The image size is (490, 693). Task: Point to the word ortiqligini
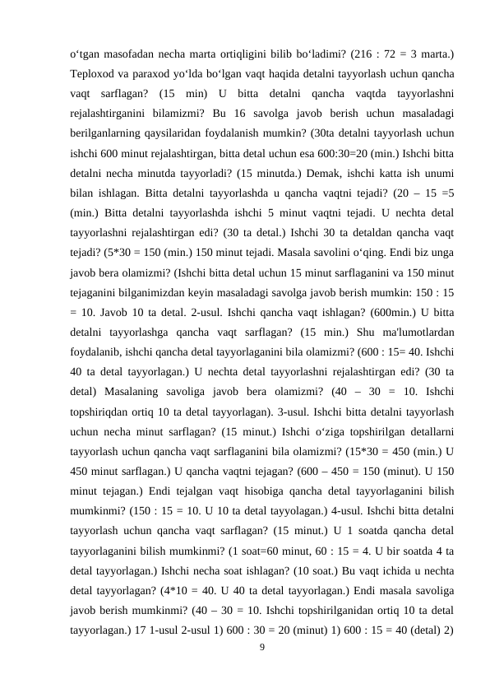(x=230, y=54)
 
